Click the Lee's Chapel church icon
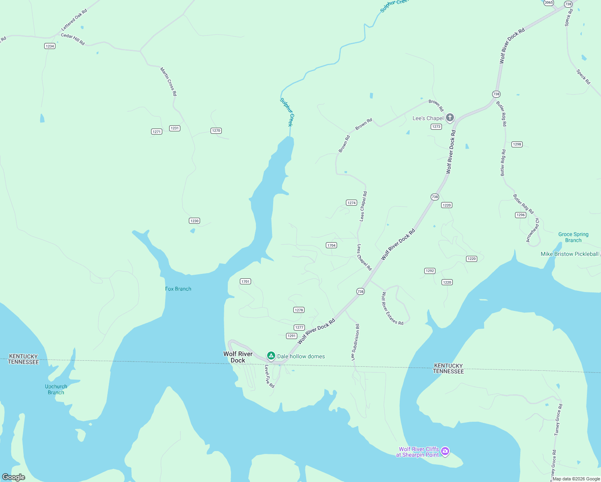tap(450, 118)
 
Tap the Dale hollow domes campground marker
tap(271, 356)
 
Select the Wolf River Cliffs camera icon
tap(445, 451)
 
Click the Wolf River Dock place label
tap(238, 357)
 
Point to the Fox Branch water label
tap(178, 289)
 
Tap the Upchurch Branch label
tap(56, 390)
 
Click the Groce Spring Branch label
tap(573, 237)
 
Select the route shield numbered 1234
tap(50, 46)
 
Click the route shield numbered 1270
tap(216, 131)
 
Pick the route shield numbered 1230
tap(194, 221)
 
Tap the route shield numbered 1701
tap(245, 282)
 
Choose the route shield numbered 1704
tap(331, 245)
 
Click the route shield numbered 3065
tap(549, 2)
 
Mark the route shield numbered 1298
tap(517, 144)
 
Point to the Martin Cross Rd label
tap(168, 82)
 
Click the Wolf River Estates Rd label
tap(392, 308)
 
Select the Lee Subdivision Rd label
tap(356, 342)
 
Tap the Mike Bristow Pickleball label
tap(569, 254)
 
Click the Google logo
tap(14, 477)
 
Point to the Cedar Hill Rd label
tap(73, 39)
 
